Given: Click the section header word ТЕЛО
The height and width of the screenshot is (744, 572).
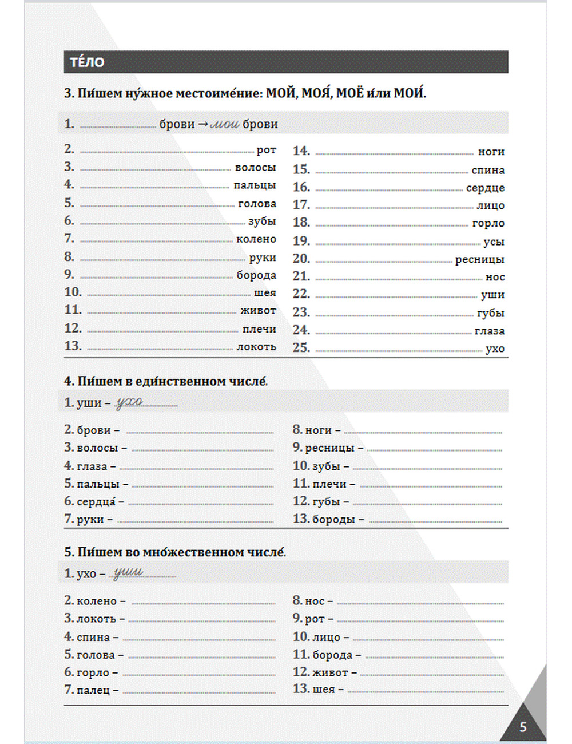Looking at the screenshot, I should pyautogui.click(x=87, y=62).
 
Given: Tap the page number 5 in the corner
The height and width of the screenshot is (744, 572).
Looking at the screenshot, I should pyautogui.click(x=523, y=727).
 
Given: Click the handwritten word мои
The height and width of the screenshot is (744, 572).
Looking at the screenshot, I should pyautogui.click(x=225, y=124).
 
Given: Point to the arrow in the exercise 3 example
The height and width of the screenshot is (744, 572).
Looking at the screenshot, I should pyautogui.click(x=203, y=124).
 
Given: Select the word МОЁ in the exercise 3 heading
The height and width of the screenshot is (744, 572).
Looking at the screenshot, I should pyautogui.click(x=349, y=93).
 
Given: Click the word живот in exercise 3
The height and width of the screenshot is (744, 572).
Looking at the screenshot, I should pyautogui.click(x=258, y=310).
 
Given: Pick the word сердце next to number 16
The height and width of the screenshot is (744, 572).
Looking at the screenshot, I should pyautogui.click(x=485, y=188).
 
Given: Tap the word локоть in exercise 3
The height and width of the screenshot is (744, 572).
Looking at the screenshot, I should pyautogui.click(x=256, y=346).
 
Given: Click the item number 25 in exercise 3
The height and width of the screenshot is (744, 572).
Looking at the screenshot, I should pyautogui.click(x=301, y=347).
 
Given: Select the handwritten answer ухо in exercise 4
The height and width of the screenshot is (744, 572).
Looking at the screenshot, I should pyautogui.click(x=129, y=402).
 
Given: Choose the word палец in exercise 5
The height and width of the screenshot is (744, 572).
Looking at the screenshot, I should pyautogui.click(x=93, y=690).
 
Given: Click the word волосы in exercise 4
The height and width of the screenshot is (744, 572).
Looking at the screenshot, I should pyautogui.click(x=97, y=448).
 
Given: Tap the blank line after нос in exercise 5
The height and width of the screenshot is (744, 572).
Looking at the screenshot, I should pyautogui.click(x=420, y=602).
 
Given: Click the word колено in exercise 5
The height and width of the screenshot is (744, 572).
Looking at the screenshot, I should pyautogui.click(x=97, y=601).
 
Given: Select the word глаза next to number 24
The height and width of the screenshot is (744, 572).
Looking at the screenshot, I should pyautogui.click(x=489, y=331).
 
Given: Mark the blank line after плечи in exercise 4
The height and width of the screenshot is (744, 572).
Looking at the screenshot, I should pyautogui.click(x=431, y=485).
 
